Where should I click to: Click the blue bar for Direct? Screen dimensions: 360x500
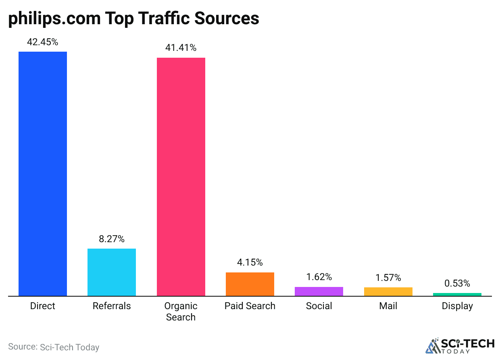[x=43, y=174]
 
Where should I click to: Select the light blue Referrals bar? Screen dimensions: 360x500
[x=112, y=272]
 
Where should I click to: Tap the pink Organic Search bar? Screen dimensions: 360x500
[x=181, y=177]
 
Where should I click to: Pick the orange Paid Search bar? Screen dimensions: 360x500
[x=250, y=284]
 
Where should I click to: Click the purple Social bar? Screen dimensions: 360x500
[x=319, y=291]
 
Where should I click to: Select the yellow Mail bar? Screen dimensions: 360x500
[x=388, y=291]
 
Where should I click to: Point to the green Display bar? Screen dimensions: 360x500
[x=457, y=294]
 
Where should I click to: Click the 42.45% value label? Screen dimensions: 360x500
[x=43, y=42]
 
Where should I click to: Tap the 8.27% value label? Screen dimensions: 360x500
[x=112, y=239]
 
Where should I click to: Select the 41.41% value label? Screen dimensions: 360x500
[x=181, y=48]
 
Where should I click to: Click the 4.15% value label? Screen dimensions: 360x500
[x=250, y=262]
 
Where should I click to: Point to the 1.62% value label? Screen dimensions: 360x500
[x=319, y=277]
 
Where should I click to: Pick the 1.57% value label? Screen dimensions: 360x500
[x=388, y=278]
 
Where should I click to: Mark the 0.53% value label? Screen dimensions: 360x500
[x=457, y=283]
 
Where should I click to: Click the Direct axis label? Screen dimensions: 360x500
[x=43, y=306]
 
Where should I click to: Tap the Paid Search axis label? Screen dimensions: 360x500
[x=250, y=306]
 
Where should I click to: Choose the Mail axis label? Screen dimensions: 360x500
[x=388, y=306]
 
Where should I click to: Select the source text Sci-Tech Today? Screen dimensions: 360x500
[x=69, y=347]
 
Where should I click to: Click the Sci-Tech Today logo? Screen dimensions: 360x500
[x=460, y=345]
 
